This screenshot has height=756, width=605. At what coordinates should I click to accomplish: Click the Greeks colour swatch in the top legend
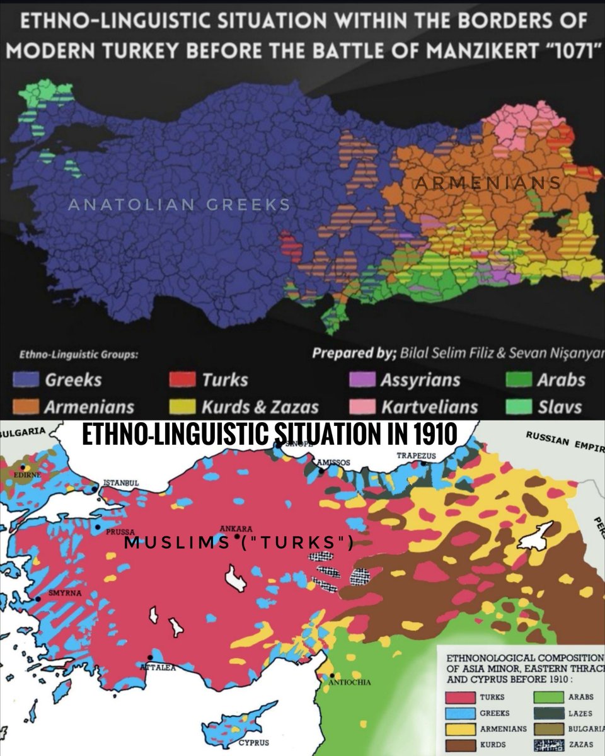click(27, 380)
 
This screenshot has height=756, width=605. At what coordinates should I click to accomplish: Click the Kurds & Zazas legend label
click(260, 407)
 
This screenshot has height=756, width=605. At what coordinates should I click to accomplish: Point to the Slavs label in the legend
click(560, 407)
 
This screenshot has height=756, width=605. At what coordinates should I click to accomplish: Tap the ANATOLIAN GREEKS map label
click(178, 204)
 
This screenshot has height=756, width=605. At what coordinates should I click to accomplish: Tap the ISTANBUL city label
click(120, 483)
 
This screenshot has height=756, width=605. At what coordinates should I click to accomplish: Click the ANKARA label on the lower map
click(236, 529)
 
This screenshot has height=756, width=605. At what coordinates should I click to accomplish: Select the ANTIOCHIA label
click(351, 682)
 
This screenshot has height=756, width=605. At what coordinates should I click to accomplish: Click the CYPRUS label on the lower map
click(253, 742)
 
